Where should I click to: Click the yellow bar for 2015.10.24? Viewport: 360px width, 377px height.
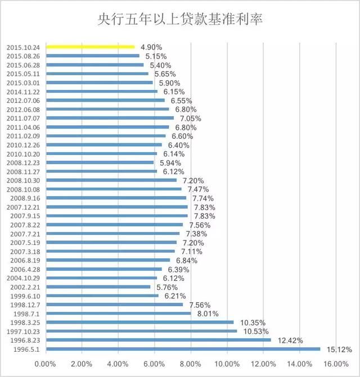(x=90, y=47)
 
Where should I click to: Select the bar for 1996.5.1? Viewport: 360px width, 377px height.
(x=183, y=349)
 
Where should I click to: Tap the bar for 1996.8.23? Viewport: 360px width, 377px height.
(x=158, y=340)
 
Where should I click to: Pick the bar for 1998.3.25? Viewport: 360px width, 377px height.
(x=139, y=322)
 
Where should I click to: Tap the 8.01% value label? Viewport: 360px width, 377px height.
(x=208, y=314)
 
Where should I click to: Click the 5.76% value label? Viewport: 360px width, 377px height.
(x=167, y=287)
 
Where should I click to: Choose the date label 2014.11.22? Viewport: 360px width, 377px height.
(x=23, y=92)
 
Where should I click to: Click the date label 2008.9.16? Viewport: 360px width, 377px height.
(x=25, y=198)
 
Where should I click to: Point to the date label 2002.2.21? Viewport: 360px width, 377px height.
(x=25, y=287)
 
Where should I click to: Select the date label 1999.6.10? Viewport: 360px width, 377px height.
(x=25, y=296)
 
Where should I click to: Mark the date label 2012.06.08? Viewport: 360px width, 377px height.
(x=23, y=110)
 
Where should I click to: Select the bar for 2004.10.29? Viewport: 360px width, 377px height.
(x=101, y=278)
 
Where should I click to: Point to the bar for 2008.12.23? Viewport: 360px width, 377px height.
(x=100, y=162)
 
